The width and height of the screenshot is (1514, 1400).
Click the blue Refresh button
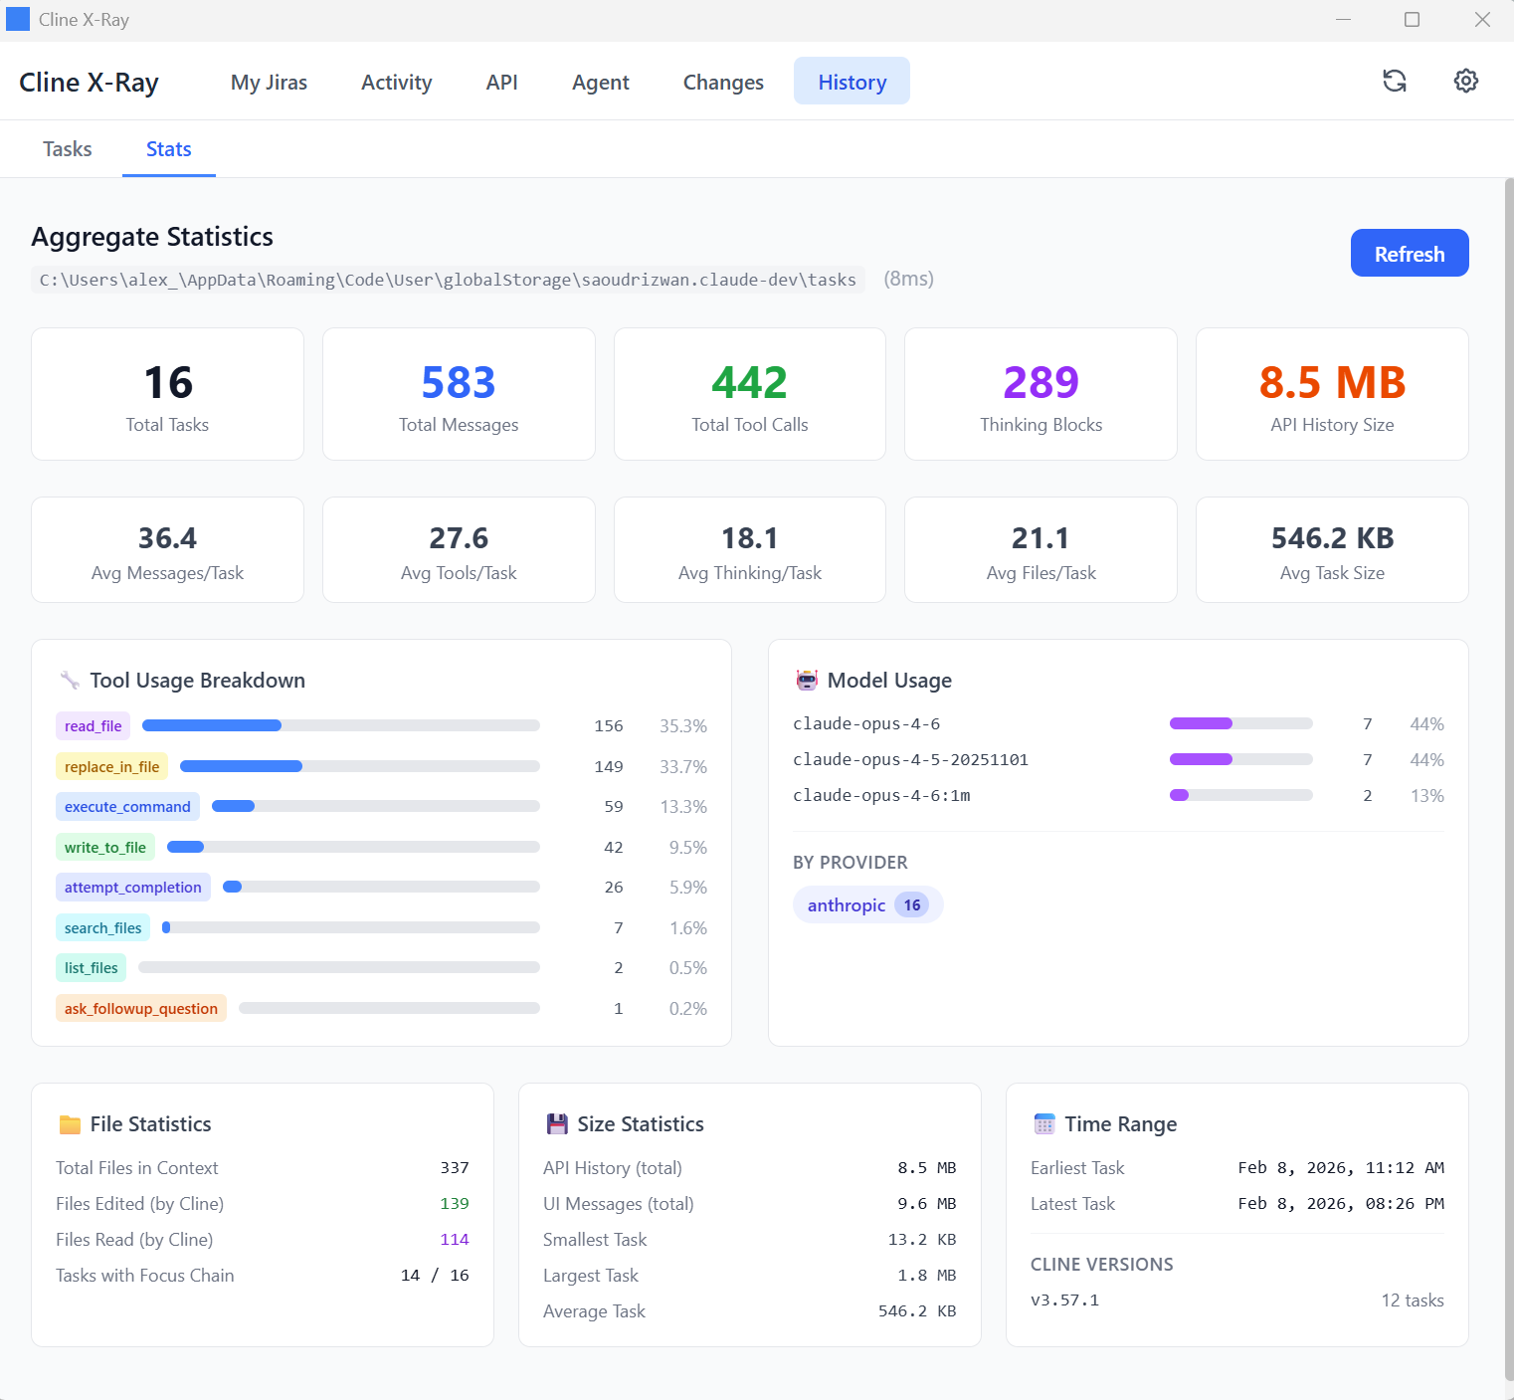coord(1409,254)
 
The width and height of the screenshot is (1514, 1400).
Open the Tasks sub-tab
coord(68,149)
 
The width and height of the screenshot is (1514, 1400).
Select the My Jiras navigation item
coord(269,83)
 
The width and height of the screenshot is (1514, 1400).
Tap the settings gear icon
coord(1465,82)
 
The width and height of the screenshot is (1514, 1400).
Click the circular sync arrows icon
coord(1395,82)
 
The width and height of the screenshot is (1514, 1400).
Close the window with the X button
coord(1482,20)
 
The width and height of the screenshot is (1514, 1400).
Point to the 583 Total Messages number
coord(459,383)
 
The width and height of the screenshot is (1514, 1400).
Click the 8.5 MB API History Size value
coord(1332,383)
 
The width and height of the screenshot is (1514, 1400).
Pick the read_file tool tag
coord(94,726)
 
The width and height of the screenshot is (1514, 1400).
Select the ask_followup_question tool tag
coord(141,1009)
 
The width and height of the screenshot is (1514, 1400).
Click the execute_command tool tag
coord(127,807)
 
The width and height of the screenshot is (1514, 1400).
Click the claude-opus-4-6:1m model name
coord(881,796)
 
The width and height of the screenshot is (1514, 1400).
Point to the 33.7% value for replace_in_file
coord(683,767)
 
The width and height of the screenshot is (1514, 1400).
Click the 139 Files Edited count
coord(455,1204)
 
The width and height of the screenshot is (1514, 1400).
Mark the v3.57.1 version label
coord(1064,1300)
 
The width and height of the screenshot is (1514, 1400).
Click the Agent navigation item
coord(600,83)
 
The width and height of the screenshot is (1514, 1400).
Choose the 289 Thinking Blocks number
coord(1041,383)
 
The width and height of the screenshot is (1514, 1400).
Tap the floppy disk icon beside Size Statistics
coord(557,1124)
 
